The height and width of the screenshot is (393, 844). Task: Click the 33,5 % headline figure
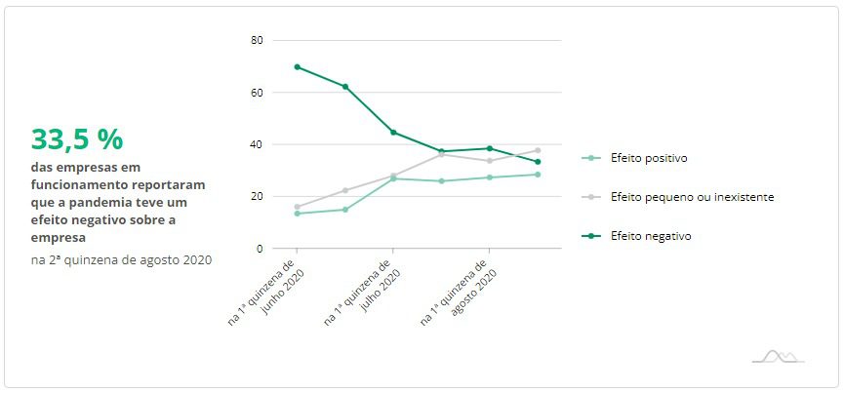click(x=77, y=139)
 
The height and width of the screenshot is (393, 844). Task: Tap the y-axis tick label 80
click(x=257, y=40)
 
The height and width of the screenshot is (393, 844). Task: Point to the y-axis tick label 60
click(x=257, y=93)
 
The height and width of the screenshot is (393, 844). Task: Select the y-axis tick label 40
click(x=257, y=144)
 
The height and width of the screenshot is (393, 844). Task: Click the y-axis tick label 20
click(x=257, y=196)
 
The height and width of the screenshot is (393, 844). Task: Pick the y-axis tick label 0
click(x=260, y=249)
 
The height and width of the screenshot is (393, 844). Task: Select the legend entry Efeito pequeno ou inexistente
click(x=691, y=197)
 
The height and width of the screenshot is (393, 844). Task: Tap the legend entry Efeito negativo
click(x=650, y=236)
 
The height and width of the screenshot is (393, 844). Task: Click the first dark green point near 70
click(x=297, y=67)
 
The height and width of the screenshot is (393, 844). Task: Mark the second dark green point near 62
click(x=345, y=87)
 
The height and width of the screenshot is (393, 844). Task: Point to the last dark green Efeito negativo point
click(x=538, y=162)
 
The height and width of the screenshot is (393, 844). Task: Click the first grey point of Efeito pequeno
click(x=297, y=207)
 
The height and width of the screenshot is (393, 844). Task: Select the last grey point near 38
click(x=538, y=150)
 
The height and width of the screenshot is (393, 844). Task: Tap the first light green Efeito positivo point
click(x=297, y=214)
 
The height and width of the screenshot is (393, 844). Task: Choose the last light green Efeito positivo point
click(x=538, y=175)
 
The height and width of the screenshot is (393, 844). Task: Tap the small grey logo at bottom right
click(x=778, y=356)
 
